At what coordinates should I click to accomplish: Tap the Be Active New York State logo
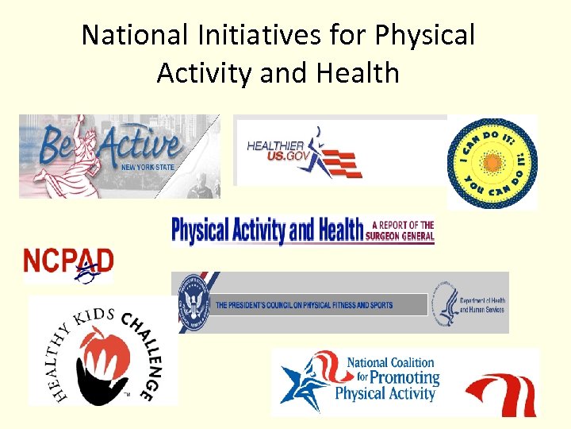click(x=119, y=156)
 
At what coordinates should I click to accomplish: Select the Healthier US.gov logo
click(x=340, y=151)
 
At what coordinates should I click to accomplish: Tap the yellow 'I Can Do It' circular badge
click(x=492, y=162)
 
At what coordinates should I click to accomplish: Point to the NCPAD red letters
click(x=68, y=260)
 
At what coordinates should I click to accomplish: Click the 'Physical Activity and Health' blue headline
click(x=266, y=231)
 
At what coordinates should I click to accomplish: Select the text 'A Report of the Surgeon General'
click(x=400, y=230)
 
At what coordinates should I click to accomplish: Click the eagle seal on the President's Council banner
click(x=193, y=302)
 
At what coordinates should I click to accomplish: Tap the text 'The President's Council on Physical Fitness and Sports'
click(x=305, y=305)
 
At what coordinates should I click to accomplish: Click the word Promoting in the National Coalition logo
click(x=393, y=377)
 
